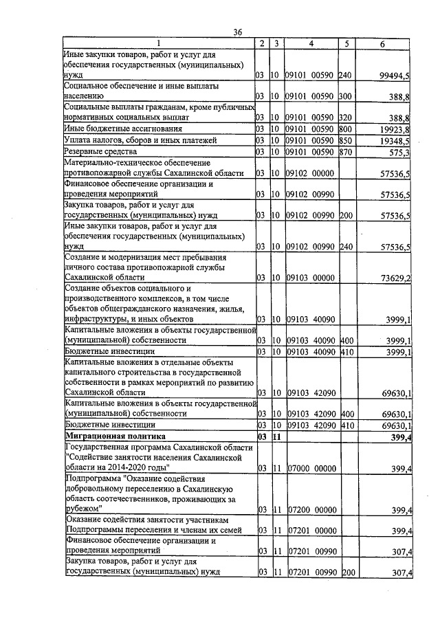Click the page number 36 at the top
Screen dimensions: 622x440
pyautogui.click(x=237, y=32)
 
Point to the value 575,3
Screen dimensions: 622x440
pyautogui.click(x=399, y=152)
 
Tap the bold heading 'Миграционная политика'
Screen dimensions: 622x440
pyautogui.click(x=115, y=436)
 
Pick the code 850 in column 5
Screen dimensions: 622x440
pyautogui.click(x=345, y=140)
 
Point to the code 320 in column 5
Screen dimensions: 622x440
pyautogui.click(x=345, y=118)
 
